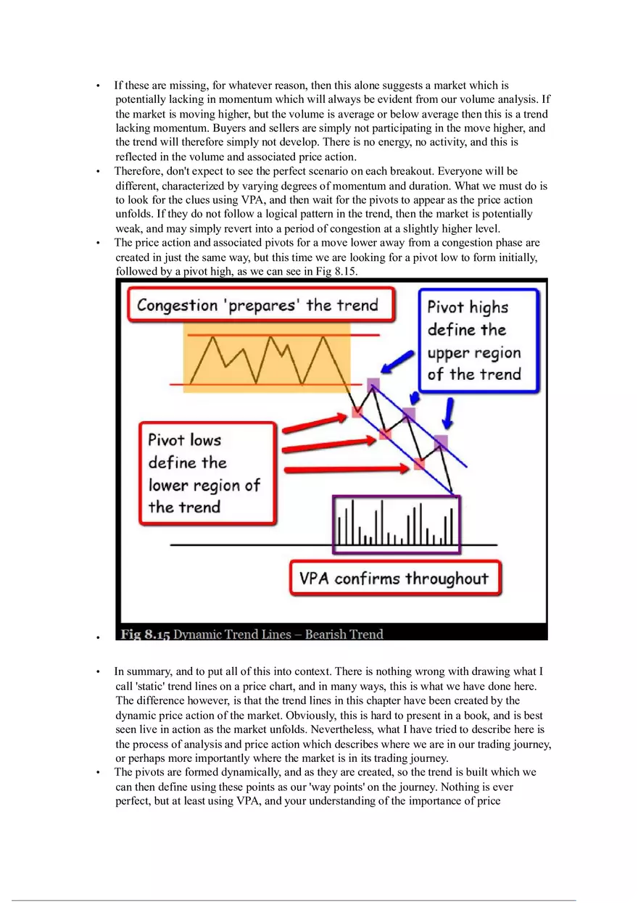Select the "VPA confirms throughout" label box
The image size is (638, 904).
394,579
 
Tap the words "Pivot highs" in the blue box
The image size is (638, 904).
468,307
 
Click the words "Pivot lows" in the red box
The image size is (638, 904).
185,440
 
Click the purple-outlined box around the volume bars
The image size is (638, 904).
396,525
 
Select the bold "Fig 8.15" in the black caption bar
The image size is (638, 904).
145,634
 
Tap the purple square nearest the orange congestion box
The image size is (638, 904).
373,384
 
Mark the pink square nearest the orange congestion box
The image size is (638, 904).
357,411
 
